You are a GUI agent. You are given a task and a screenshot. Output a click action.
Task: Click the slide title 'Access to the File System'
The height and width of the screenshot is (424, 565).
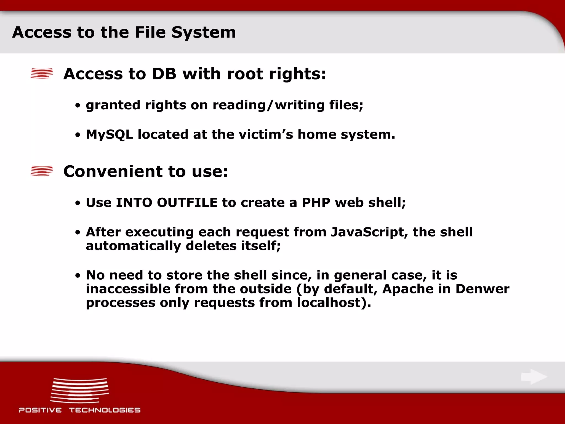tap(124, 32)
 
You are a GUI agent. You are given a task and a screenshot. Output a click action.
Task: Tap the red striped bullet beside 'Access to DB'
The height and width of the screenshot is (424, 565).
tap(42, 73)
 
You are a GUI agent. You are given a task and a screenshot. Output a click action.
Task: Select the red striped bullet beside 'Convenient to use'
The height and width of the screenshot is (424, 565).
tap(42, 171)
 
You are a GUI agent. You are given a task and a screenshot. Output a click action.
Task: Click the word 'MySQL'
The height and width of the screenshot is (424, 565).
tap(110, 135)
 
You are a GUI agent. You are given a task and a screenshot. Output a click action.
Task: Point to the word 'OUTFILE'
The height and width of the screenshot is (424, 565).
tap(187, 203)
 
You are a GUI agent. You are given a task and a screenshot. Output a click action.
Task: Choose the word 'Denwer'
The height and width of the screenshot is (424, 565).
tap(482, 289)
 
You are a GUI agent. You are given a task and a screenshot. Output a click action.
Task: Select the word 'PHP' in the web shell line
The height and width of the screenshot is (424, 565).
tap(316, 203)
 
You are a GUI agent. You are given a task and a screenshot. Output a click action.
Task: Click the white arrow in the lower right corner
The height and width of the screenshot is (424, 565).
tap(534, 377)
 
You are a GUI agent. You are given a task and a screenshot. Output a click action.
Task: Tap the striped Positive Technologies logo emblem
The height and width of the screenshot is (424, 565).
tap(79, 390)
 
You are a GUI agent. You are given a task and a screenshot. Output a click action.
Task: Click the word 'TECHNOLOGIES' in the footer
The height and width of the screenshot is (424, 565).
tap(105, 410)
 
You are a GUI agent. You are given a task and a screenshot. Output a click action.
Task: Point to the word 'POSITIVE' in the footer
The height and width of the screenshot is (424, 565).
tap(40, 410)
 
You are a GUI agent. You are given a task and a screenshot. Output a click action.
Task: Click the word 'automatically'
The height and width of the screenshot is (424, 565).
tap(134, 246)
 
